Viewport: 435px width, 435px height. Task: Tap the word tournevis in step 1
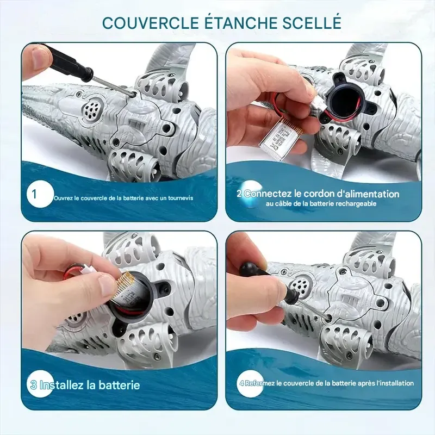coord(181,198)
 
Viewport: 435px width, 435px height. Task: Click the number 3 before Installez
coord(33,386)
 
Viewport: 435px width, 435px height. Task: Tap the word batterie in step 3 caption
coord(119,386)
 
